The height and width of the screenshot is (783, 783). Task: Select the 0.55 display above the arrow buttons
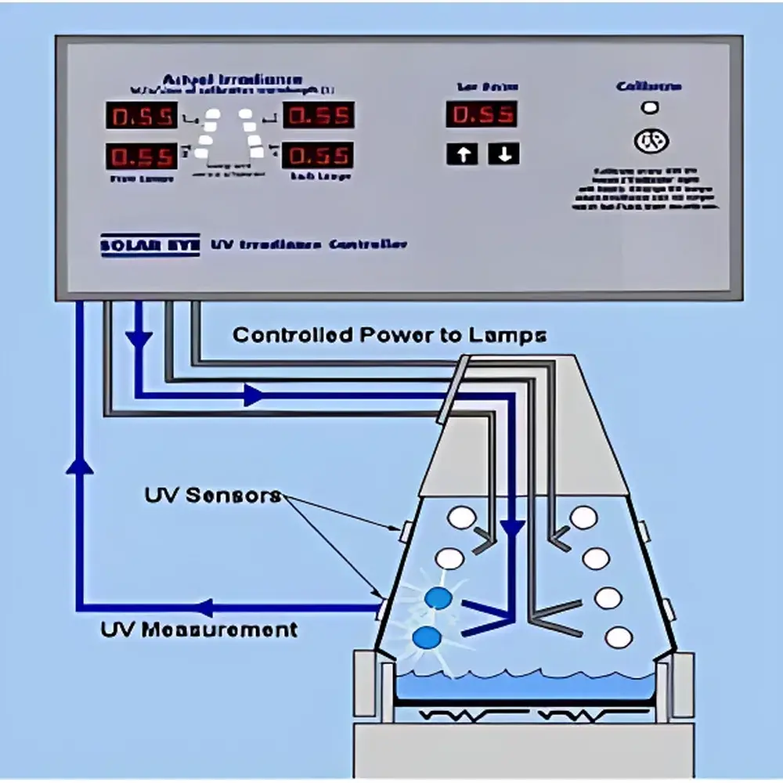(482, 114)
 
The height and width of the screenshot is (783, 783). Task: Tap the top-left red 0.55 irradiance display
(141, 116)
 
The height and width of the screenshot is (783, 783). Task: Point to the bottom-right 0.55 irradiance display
(318, 155)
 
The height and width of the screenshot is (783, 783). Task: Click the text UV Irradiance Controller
(309, 244)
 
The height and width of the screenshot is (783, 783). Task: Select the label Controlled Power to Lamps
(389, 335)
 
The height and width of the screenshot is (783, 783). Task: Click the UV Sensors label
(212, 496)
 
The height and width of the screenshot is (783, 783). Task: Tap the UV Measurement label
(200, 629)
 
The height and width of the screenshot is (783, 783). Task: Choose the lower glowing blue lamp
(428, 637)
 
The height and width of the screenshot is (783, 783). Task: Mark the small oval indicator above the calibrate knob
(650, 108)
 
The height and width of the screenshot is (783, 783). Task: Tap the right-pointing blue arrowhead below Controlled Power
(252, 395)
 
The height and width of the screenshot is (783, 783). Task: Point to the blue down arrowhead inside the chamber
(512, 529)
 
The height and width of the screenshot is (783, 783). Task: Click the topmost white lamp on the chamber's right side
(583, 517)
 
